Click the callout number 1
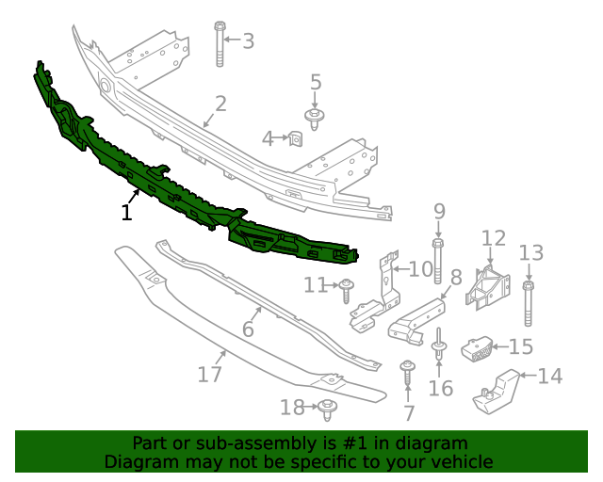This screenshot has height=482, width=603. [127, 212]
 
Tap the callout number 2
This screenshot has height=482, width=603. [220, 104]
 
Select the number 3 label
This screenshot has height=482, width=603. [248, 40]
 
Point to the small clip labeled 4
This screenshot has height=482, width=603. [294, 139]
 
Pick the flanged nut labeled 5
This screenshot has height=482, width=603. [315, 117]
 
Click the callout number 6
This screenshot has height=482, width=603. [249, 329]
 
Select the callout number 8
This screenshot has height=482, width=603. [455, 278]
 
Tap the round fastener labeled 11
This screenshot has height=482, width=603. [347, 288]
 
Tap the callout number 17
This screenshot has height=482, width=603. [209, 374]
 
